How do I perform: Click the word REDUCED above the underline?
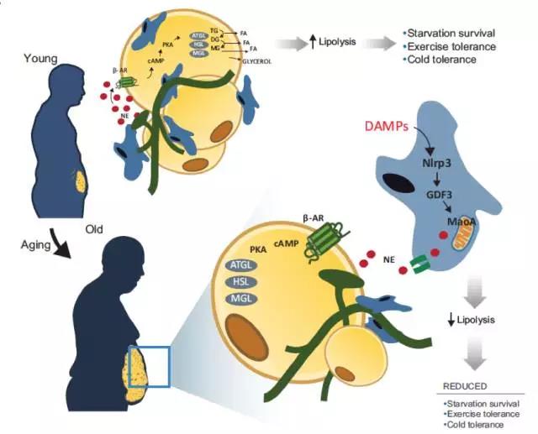(465, 388)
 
